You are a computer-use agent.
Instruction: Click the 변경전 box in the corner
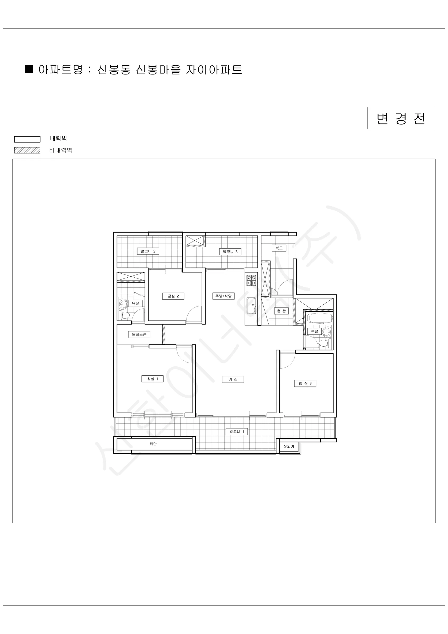tap(401, 118)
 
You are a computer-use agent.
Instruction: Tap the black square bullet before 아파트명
tap(29, 69)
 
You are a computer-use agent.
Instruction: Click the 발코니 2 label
tap(148, 251)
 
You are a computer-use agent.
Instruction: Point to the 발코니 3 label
tap(230, 252)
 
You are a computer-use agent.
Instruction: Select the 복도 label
tap(279, 248)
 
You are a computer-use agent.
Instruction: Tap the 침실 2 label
tap(173, 296)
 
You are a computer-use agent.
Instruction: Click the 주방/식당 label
tap(223, 296)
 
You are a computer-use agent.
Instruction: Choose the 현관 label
tap(281, 311)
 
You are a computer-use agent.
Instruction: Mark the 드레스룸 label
tap(139, 335)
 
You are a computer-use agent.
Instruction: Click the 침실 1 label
tap(152, 379)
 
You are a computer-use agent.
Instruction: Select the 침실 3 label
tap(305, 383)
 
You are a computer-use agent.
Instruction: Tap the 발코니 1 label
tap(237, 432)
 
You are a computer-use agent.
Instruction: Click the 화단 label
tap(153, 444)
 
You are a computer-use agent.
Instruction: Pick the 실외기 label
tap(289, 446)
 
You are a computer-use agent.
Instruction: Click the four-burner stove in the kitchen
tap(251, 280)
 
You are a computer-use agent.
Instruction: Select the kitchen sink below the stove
tap(251, 306)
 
